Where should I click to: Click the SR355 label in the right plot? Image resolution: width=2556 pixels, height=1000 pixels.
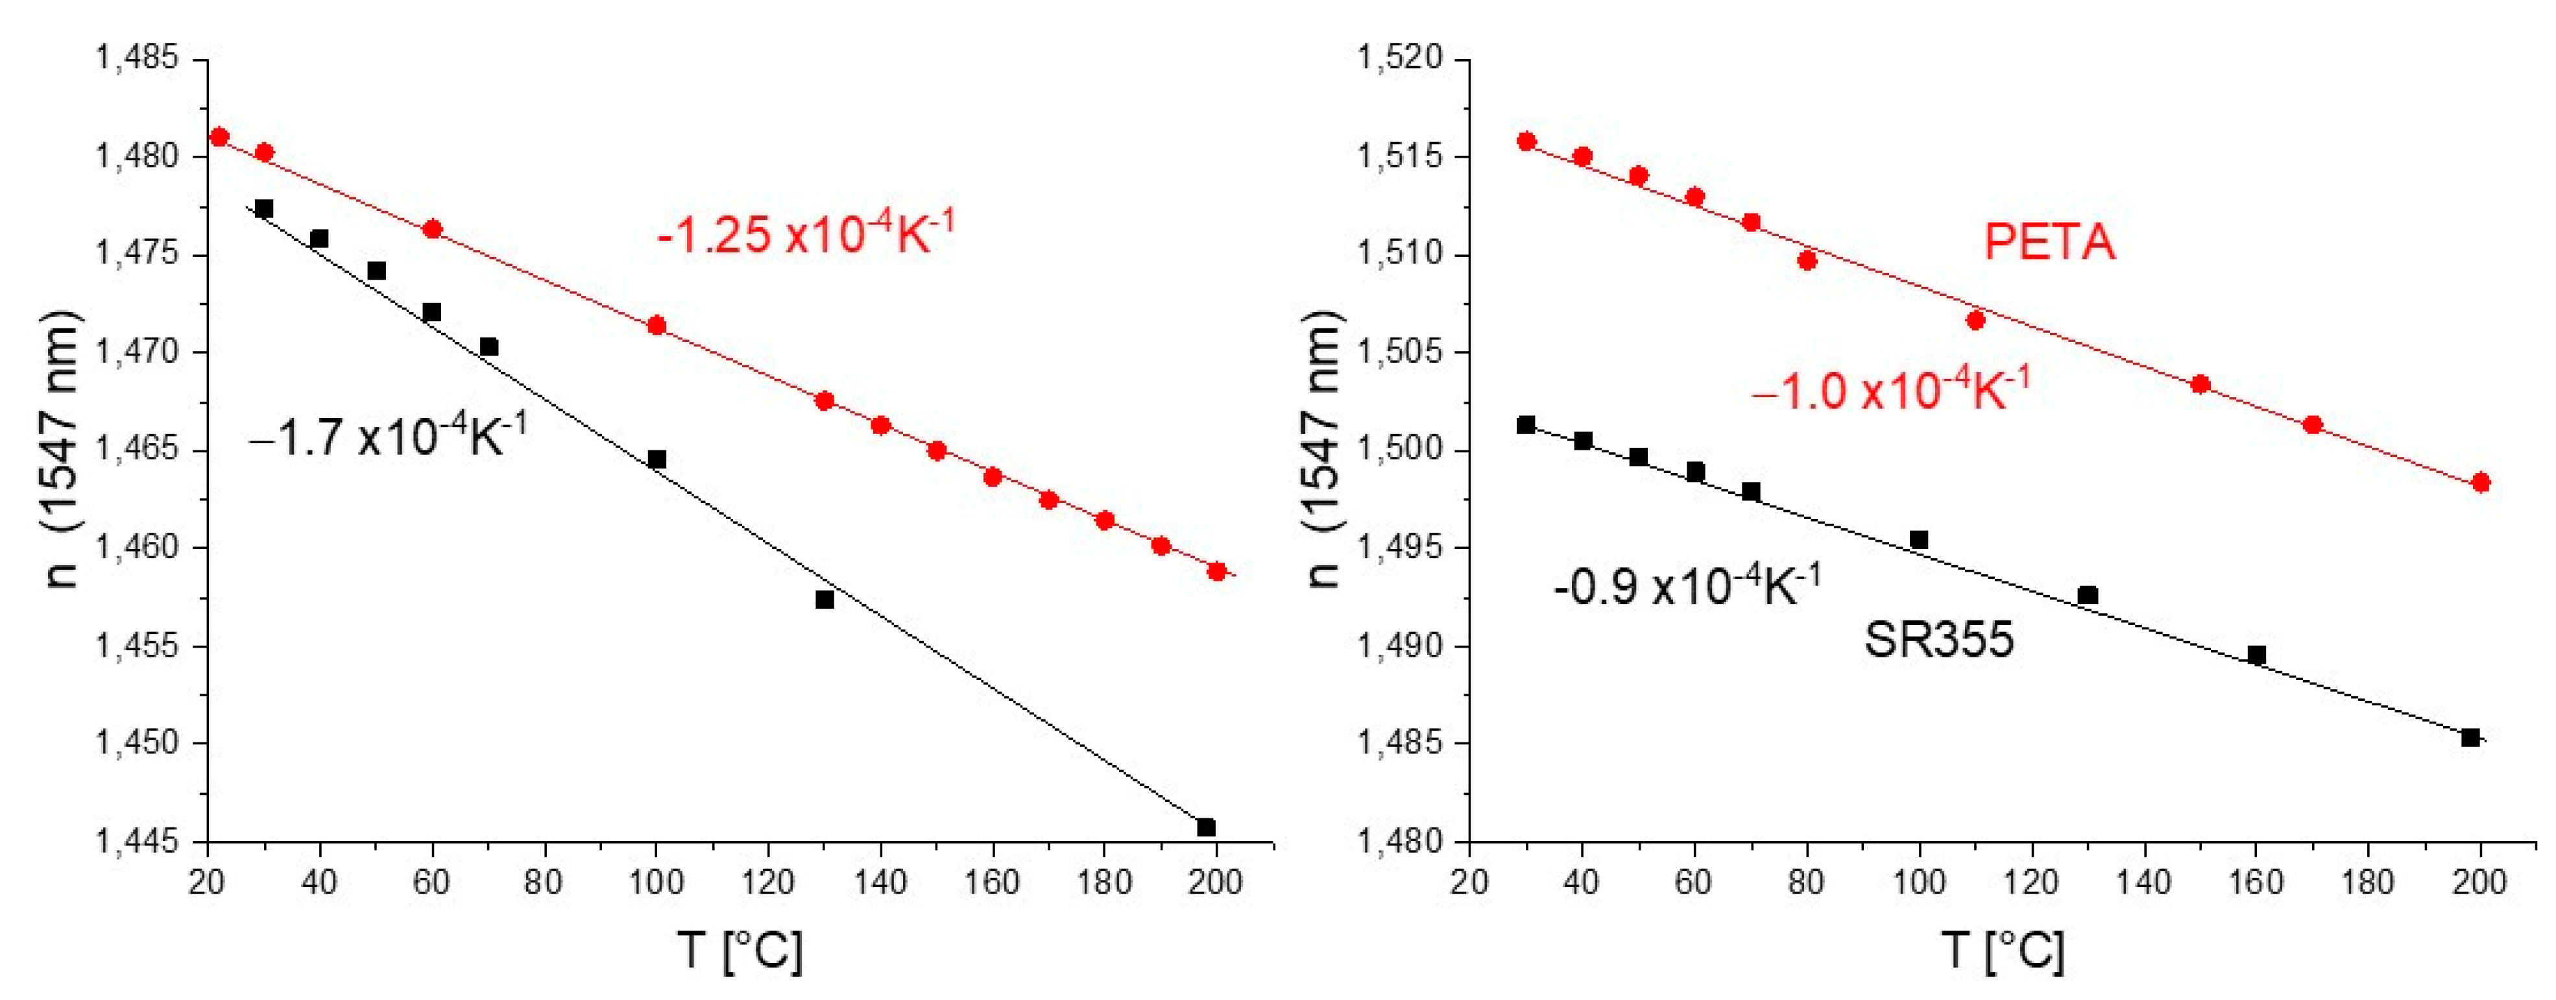[x=1939, y=640]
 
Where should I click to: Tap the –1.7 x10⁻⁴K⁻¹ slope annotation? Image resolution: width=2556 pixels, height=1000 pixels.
[x=388, y=437]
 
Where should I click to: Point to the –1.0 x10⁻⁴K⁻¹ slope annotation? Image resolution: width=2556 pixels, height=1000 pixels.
[x=1890, y=390]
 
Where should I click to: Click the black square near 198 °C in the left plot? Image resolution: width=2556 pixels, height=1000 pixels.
[x=1205, y=827]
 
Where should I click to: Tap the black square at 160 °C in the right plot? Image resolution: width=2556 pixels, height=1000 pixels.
[x=2256, y=655]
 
